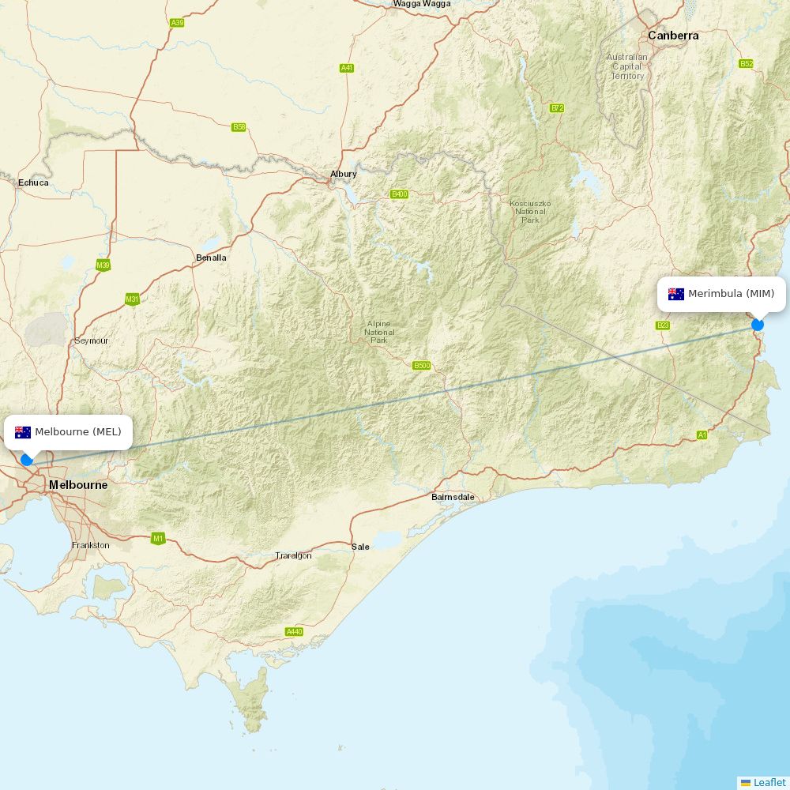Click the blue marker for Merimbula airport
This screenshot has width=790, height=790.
coord(758,325)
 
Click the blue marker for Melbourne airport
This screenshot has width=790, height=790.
coord(27,460)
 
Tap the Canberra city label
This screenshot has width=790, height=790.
coord(673,36)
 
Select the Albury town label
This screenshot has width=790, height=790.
coord(344,174)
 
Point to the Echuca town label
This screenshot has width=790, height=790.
coord(33,182)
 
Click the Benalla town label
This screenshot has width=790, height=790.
coord(211,258)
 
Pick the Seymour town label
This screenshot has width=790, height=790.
coord(91,340)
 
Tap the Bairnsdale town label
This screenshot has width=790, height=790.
coord(453,497)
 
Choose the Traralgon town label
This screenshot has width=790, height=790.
coord(293,555)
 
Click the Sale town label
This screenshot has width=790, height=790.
coord(360,547)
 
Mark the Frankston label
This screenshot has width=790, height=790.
coord(91,545)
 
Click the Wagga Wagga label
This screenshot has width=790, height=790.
coord(422,4)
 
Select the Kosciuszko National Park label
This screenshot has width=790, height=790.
coord(530,212)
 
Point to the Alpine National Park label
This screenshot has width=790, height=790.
coord(379,332)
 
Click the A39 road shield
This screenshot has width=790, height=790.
coord(177,23)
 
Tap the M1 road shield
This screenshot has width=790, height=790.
coord(158,539)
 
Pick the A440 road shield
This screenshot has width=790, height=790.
coord(294,631)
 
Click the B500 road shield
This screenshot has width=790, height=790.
coord(422,365)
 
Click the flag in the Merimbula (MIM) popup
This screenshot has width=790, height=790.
coord(676,294)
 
